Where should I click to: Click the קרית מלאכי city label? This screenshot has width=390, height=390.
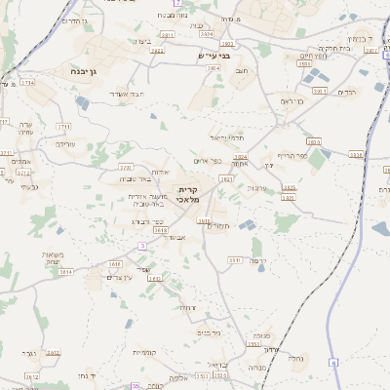click(189, 193)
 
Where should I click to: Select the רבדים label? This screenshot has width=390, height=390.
click(347, 92)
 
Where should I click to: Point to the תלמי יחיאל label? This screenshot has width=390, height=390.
click(227, 138)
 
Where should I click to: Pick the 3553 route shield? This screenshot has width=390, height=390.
click(253, 344)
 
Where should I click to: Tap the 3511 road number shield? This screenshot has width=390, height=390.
click(234, 260)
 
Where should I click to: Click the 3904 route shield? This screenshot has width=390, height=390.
click(214, 68)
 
